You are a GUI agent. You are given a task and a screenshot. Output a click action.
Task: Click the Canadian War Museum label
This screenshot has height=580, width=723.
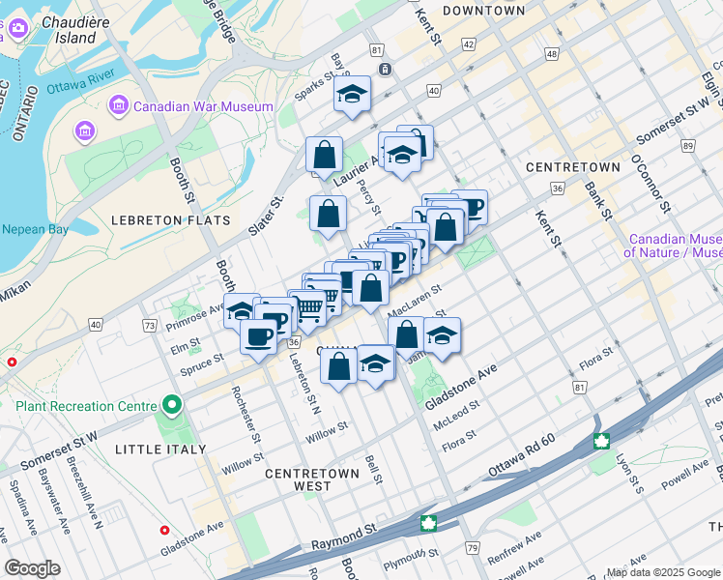coord(204,106)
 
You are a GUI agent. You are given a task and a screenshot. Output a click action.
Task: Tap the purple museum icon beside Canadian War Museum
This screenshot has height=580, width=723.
coord(119,104)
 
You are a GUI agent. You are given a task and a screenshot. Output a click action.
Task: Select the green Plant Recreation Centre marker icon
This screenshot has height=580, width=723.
coord(172,404)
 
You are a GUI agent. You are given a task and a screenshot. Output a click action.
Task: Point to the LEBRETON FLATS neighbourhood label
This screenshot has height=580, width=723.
coord(172,220)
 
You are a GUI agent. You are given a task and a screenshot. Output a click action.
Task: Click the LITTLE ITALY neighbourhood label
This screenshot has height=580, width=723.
coord(159,449)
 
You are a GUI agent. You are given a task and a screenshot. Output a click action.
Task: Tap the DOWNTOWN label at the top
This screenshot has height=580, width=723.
coord(483,11)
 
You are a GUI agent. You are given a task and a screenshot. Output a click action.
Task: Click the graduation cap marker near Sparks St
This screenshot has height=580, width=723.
coord(353,94)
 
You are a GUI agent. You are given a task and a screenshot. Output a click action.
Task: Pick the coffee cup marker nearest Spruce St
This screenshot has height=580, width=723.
coord(258,336)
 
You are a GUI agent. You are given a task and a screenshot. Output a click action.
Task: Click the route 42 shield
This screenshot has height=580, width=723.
coord(469,44)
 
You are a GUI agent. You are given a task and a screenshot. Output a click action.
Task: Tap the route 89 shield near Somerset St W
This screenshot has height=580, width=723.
coord(688,146)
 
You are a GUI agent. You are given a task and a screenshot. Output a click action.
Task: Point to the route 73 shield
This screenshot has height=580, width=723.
coord(150,327)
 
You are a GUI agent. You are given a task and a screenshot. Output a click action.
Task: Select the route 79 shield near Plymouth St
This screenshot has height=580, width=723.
coord(473,549)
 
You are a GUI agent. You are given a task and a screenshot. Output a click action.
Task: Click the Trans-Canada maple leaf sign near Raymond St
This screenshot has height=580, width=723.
coord(427,523)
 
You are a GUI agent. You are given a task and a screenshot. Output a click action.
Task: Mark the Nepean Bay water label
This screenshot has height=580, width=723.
coord(33,230)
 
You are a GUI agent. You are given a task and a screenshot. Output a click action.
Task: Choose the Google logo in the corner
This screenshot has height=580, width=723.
coord(33,567)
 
